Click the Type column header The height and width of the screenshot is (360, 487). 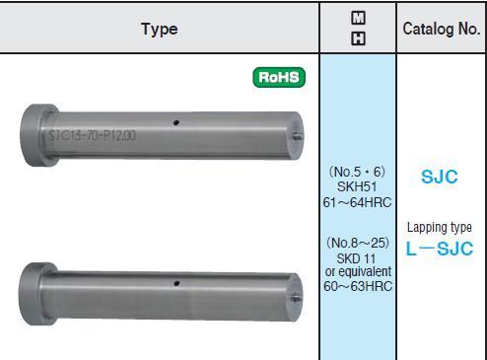(160, 30)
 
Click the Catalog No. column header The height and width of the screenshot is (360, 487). (442, 29)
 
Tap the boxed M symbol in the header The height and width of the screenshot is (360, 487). (358, 18)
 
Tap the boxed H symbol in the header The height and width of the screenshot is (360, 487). (358, 38)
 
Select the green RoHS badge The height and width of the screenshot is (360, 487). (279, 77)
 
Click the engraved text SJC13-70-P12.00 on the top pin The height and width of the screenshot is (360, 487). (92, 135)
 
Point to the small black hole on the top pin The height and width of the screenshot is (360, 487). (176, 122)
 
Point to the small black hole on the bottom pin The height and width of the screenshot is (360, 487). (176, 283)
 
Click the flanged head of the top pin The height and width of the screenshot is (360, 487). (36, 135)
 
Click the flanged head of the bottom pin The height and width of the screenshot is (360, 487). (35, 294)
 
